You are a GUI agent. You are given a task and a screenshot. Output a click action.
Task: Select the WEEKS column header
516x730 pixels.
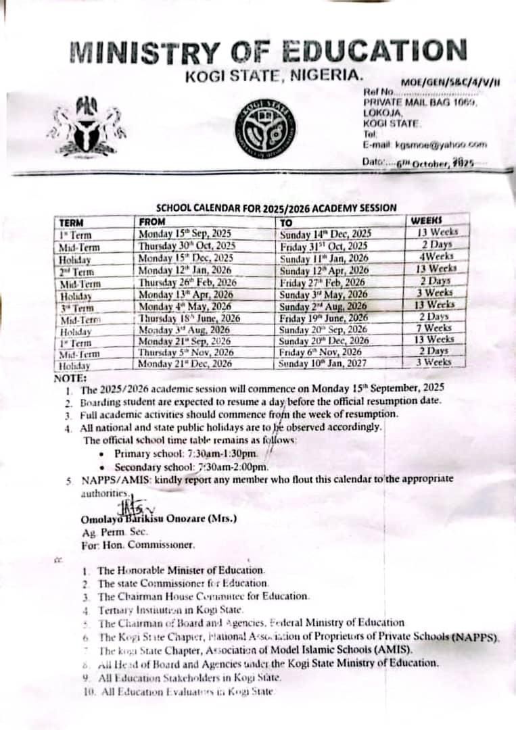[x=426, y=220]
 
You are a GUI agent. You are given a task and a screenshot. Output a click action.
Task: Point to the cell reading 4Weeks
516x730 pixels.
[x=438, y=257]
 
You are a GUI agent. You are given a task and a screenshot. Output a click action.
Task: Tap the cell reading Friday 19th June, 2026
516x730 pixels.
[x=325, y=318]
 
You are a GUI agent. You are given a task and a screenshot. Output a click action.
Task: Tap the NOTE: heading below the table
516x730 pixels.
[x=70, y=378]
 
